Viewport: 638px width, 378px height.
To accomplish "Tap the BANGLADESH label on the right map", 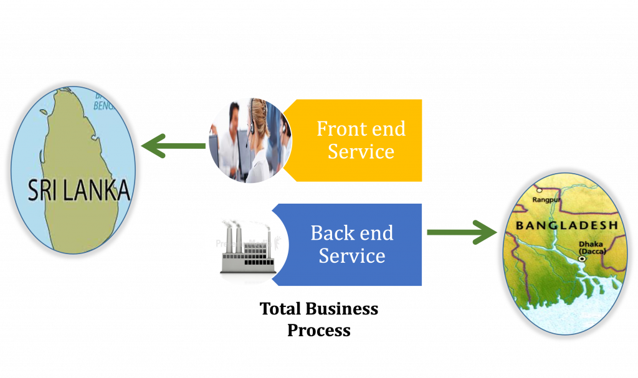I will (x=566, y=225).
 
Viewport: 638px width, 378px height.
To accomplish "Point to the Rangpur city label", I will (x=547, y=200).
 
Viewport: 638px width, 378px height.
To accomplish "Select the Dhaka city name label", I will (x=591, y=245).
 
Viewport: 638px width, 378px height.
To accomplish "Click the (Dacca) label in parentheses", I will (x=591, y=252).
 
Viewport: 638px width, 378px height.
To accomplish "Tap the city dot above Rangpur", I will (x=540, y=189).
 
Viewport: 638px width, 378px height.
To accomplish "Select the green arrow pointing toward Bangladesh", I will (x=461, y=232).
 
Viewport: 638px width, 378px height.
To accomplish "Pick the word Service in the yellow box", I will (x=361, y=151).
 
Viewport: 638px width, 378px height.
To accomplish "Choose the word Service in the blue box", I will (x=352, y=255).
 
